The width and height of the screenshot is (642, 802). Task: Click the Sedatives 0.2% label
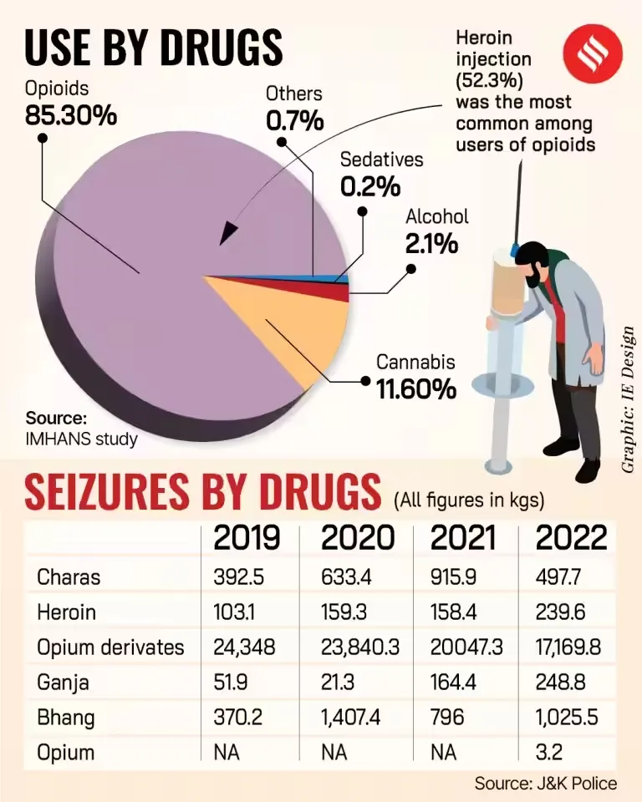(382, 174)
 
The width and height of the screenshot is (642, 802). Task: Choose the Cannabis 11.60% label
(415, 377)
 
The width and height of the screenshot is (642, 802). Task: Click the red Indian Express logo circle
(591, 48)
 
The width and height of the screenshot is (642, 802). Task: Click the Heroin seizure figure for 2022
(559, 612)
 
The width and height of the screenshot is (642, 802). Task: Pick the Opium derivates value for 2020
(360, 647)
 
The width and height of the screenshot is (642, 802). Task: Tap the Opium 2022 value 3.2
(548, 753)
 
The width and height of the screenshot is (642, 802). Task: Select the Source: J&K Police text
(545, 784)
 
